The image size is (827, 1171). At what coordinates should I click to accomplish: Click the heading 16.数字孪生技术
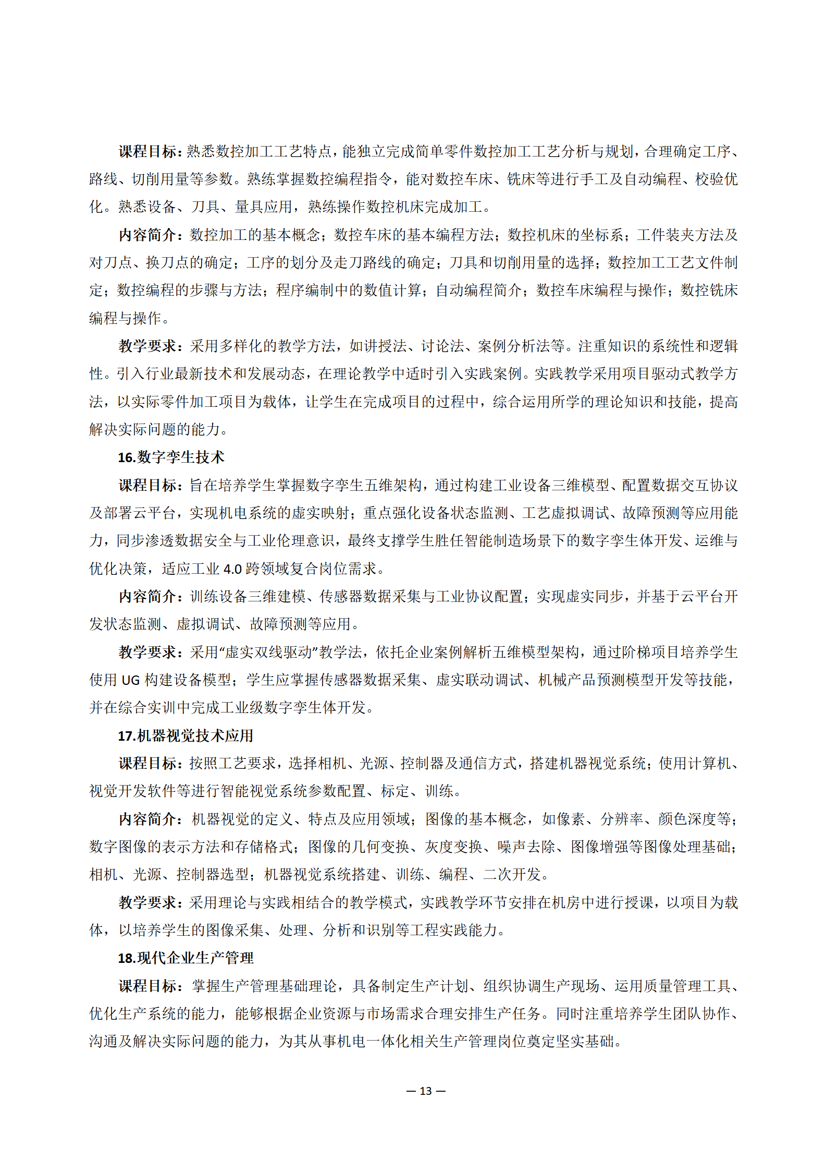[171, 457]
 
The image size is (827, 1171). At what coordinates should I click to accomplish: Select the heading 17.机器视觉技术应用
[185, 735]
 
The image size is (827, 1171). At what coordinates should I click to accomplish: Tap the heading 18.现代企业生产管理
[185, 958]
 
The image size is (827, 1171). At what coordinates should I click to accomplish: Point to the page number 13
[426, 1091]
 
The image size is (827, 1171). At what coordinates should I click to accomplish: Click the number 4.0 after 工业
[232, 569]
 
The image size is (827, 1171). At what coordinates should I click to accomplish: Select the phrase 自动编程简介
[478, 291]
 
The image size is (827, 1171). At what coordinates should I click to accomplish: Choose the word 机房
[581, 902]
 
